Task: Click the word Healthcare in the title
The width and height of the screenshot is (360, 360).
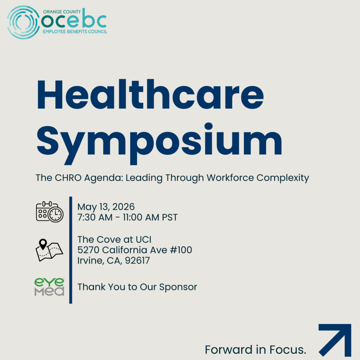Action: [150, 94]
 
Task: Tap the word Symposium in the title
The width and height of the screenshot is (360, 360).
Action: [159, 143]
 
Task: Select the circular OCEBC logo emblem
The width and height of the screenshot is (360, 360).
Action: [23, 22]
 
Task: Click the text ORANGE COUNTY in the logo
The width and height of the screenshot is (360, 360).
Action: [62, 12]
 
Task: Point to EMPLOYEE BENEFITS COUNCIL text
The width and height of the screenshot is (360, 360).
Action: [75, 32]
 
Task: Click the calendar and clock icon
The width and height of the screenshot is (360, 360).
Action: [50, 212]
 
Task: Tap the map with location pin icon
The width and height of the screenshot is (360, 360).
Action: [49, 250]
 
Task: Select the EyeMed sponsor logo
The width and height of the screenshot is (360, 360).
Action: [49, 287]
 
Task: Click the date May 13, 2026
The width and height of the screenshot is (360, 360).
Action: [106, 207]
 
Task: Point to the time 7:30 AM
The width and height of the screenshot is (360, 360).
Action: [95, 217]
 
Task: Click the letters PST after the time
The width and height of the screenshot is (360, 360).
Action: [170, 217]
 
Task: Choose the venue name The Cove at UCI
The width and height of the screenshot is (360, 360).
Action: [114, 239]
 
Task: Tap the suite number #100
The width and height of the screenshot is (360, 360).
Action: [181, 250]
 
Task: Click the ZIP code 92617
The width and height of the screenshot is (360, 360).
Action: [137, 261]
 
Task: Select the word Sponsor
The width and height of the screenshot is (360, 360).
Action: [178, 287]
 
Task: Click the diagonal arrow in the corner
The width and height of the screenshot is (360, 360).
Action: [335, 340]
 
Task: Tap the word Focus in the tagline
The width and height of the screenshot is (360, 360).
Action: [288, 350]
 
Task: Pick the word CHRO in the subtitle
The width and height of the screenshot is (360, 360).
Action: [68, 178]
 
